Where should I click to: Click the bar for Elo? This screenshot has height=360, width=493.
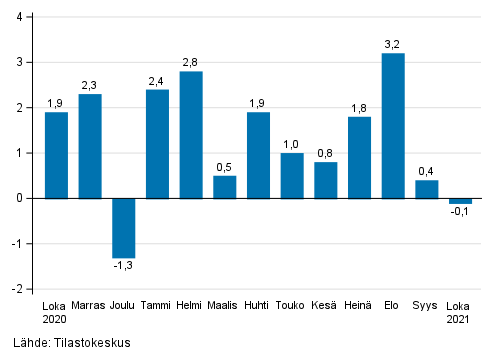click(x=393, y=125)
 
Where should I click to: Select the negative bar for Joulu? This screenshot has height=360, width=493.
click(x=124, y=227)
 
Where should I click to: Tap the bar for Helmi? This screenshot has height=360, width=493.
click(x=191, y=134)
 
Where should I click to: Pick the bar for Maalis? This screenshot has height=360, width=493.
click(x=225, y=186)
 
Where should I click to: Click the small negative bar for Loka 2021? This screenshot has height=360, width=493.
click(x=460, y=201)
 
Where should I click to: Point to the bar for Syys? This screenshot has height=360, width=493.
click(x=427, y=189)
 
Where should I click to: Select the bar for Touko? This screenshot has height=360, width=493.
click(x=292, y=175)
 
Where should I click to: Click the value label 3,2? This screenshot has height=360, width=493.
click(x=393, y=43)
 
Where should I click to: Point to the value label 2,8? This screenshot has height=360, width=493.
click(x=191, y=62)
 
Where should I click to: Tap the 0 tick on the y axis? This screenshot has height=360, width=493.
click(x=21, y=198)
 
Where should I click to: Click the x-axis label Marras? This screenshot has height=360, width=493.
click(x=90, y=306)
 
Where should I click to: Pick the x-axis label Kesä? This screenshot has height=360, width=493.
click(x=326, y=306)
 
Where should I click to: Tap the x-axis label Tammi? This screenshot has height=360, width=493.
click(x=157, y=306)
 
